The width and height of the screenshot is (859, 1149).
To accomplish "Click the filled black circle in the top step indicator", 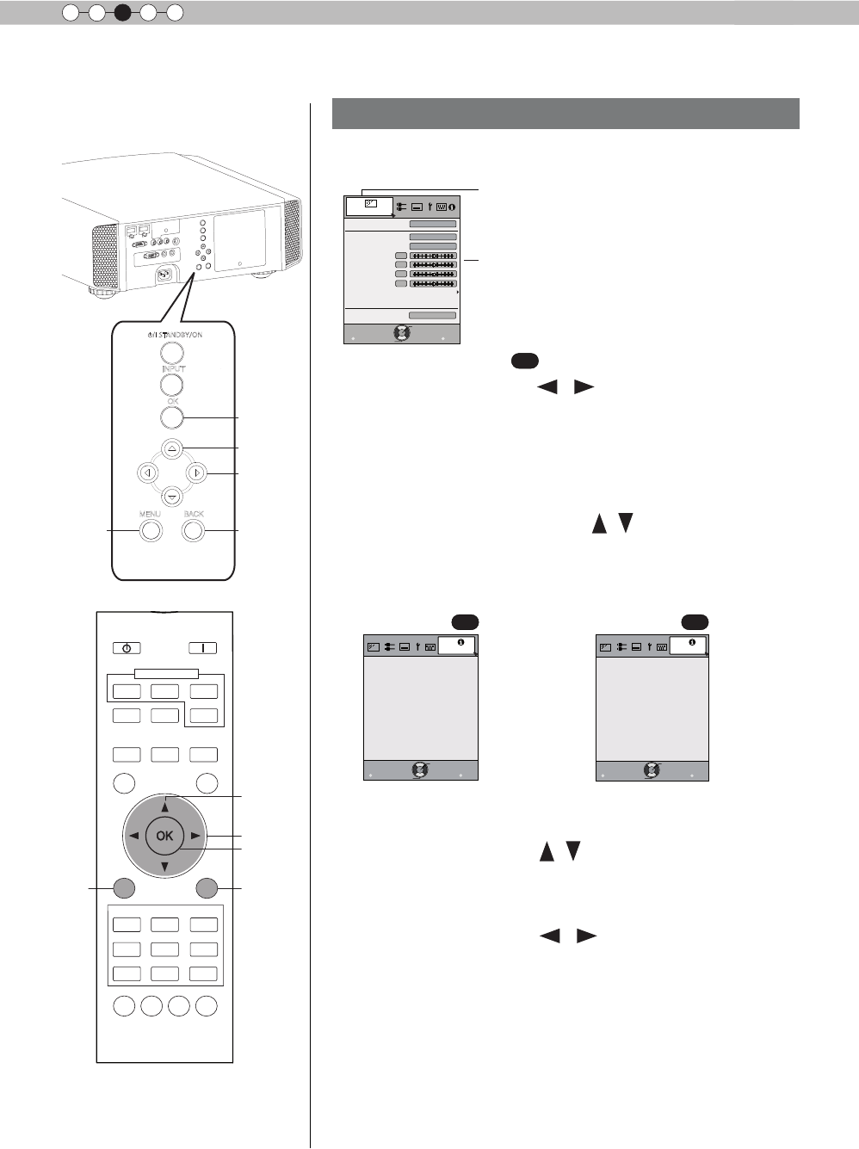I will (122, 12).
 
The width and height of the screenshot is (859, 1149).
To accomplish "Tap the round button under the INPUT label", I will (172, 385).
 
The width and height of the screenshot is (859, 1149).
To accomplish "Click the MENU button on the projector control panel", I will (151, 530).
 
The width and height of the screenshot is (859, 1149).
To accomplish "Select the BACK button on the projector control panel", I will (194, 530).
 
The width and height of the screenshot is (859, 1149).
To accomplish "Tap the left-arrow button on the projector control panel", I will (148, 473).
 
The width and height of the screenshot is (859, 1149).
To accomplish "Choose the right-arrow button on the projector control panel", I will (197, 473).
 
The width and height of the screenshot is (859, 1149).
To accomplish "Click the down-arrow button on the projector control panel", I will (172, 497).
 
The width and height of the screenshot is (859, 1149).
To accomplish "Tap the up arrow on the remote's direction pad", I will (164, 806).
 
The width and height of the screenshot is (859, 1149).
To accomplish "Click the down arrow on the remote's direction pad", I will (164, 865).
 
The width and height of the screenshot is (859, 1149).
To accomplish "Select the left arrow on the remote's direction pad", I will (134, 836).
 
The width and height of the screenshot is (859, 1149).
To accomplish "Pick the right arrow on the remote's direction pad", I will (195, 836).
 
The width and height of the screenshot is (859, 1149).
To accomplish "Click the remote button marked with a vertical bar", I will (203, 648).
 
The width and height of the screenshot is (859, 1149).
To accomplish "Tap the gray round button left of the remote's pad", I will (124, 888).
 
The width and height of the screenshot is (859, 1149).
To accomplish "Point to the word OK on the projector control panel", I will (172, 401).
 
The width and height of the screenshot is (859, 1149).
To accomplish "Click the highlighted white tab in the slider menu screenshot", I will (369, 206).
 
